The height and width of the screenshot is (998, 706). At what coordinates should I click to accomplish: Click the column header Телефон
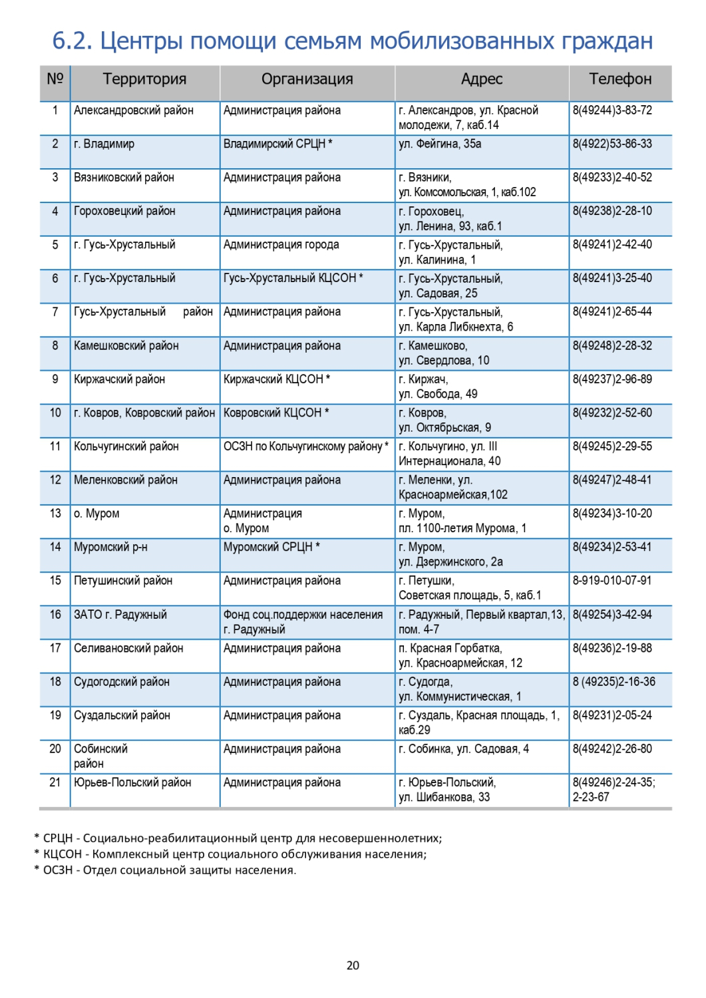[x=620, y=79]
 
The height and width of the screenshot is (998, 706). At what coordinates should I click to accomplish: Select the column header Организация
[x=307, y=79]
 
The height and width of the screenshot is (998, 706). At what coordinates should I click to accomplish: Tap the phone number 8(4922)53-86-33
[x=612, y=144]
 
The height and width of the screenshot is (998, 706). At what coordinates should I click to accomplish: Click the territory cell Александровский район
[x=134, y=110]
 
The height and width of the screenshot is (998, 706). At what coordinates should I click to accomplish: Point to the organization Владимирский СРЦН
[x=275, y=144]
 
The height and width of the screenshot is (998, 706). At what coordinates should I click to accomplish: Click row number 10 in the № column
[x=55, y=413]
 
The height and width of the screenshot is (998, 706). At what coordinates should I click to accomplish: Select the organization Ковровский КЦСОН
[x=273, y=413]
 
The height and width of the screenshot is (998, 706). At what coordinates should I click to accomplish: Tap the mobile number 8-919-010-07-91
[x=612, y=580]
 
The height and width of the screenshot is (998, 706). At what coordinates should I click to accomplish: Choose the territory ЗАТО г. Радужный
[x=120, y=614]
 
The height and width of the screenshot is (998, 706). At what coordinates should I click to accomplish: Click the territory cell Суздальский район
[x=122, y=715]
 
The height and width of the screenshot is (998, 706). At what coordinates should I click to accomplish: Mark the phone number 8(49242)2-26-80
[x=612, y=748]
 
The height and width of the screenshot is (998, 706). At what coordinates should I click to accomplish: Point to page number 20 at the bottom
[x=353, y=965]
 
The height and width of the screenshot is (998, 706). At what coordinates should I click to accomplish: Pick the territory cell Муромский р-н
[x=110, y=547]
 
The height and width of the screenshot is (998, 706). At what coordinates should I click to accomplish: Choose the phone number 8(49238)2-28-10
[x=612, y=211]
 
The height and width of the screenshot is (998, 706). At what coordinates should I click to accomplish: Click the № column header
[x=55, y=79]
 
